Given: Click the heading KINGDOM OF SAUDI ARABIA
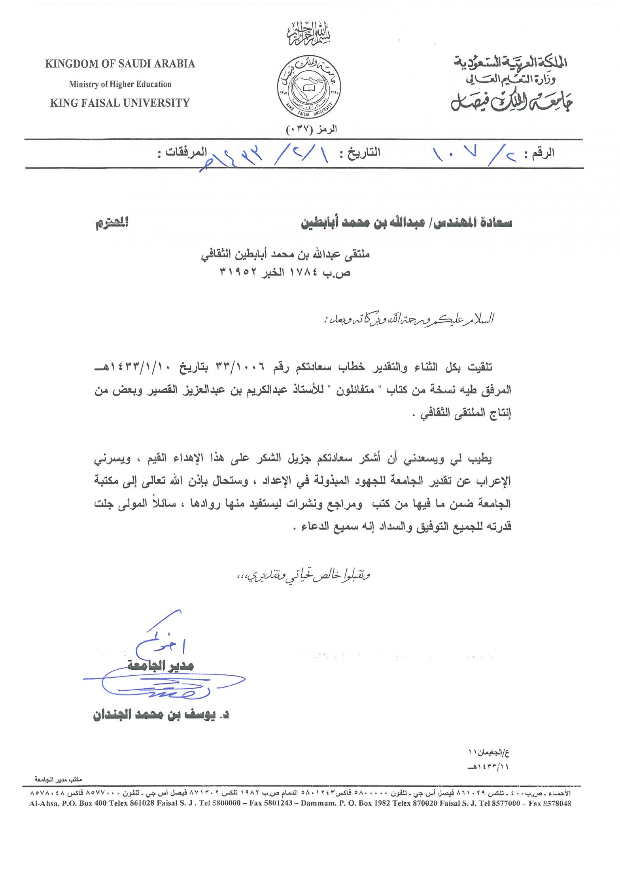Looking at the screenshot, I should [x=120, y=64].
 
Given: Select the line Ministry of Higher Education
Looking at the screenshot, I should [x=120, y=84].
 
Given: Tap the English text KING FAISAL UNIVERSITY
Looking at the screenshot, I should [x=120, y=103].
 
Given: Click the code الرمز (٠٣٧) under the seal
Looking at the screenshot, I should [x=311, y=129].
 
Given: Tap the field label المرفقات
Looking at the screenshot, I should [x=182, y=153].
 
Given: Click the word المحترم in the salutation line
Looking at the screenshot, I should [x=112, y=223].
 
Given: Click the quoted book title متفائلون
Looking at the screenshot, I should [x=355, y=390].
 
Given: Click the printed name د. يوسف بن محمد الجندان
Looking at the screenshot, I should [x=161, y=715].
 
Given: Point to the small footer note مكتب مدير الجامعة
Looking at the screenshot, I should [x=58, y=780].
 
